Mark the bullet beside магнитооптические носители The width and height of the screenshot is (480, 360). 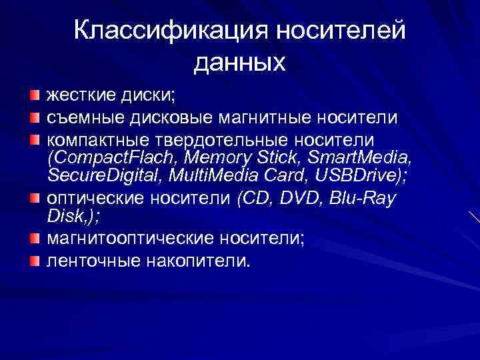pyautogui.click(x=34, y=238)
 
